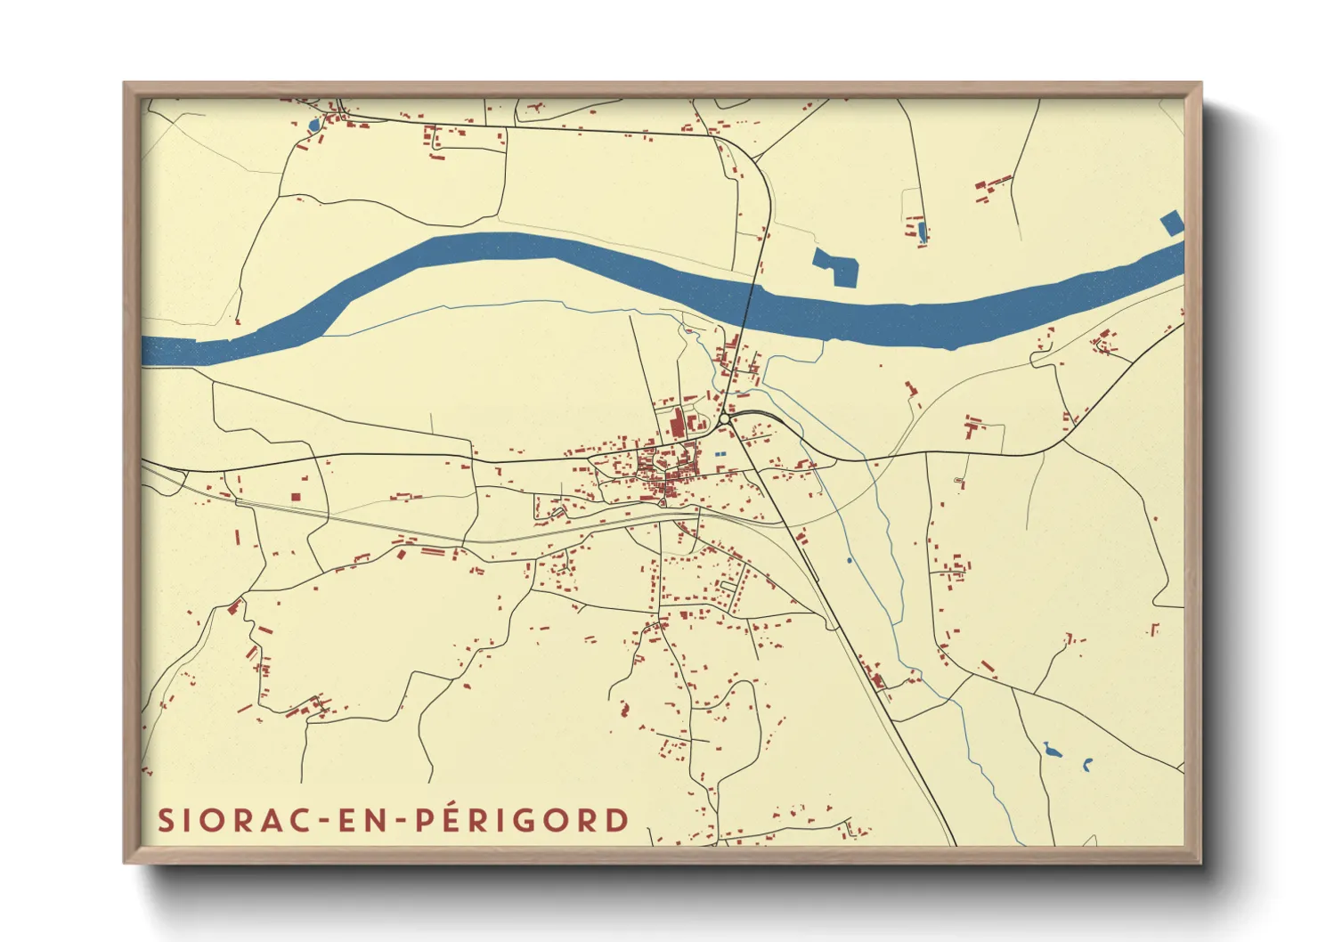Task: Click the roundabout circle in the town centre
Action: click(725, 418)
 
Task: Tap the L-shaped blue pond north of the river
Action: click(836, 266)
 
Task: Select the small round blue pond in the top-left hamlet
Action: click(313, 126)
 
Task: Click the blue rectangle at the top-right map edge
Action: click(1172, 223)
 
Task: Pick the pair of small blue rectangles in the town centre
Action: click(720, 455)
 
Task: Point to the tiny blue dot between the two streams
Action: click(850, 560)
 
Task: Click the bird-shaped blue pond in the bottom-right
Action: click(1052, 751)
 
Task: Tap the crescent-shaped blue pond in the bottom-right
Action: click(1087, 764)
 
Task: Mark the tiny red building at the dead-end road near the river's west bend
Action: click(238, 322)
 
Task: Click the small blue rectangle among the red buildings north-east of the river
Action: click(922, 232)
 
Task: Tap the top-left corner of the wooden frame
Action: click(125, 84)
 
